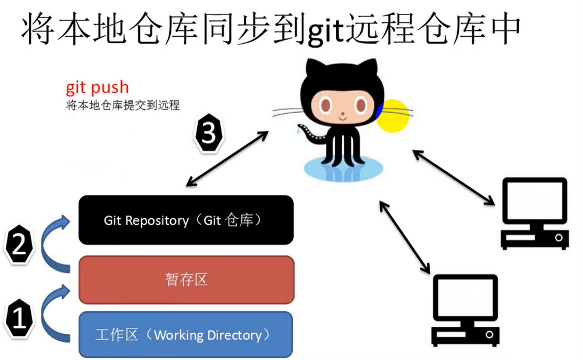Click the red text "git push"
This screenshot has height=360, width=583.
pos(97,88)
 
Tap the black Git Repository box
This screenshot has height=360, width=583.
pos(186,220)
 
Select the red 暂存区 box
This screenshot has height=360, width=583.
pos(186,280)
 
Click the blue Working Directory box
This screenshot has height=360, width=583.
pos(185,335)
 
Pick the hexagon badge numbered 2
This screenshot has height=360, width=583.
pos(19,244)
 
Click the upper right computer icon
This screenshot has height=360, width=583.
pos(535,213)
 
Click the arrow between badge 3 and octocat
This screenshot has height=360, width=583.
pos(227,159)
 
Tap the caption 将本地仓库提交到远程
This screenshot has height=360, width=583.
pos(122,106)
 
